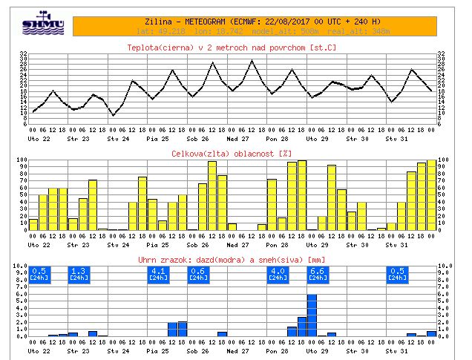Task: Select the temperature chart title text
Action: pyautogui.click(x=235, y=48)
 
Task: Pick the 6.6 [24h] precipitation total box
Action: pyautogui.click(x=317, y=273)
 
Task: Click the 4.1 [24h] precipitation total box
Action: pyautogui.click(x=158, y=273)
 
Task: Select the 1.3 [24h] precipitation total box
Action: pyautogui.click(x=78, y=273)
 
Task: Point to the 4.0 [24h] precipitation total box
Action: pyautogui.click(x=277, y=273)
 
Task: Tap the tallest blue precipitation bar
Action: pyautogui.click(x=312, y=315)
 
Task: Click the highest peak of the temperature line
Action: pyautogui.click(x=252, y=61)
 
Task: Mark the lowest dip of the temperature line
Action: pyautogui.click(x=113, y=115)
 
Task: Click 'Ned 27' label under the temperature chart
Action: pyautogui.click(x=237, y=138)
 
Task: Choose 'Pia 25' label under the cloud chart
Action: pyautogui.click(x=157, y=244)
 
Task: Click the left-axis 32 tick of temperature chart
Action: pyautogui.click(x=24, y=54)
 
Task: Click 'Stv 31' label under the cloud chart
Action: pyautogui.click(x=397, y=244)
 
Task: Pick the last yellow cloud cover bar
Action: pyautogui.click(x=431, y=194)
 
